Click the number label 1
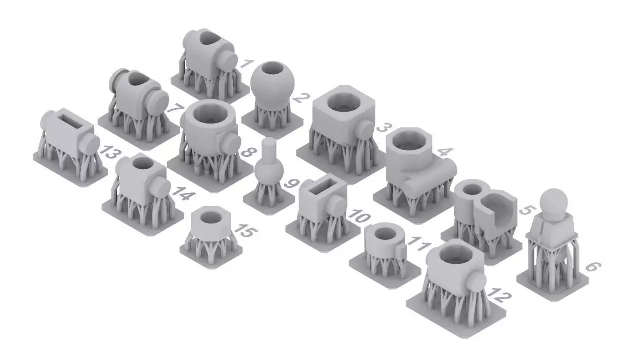point(245,63)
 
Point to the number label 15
point(245,231)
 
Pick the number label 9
point(290,183)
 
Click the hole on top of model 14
point(140,163)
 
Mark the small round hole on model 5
point(471,188)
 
